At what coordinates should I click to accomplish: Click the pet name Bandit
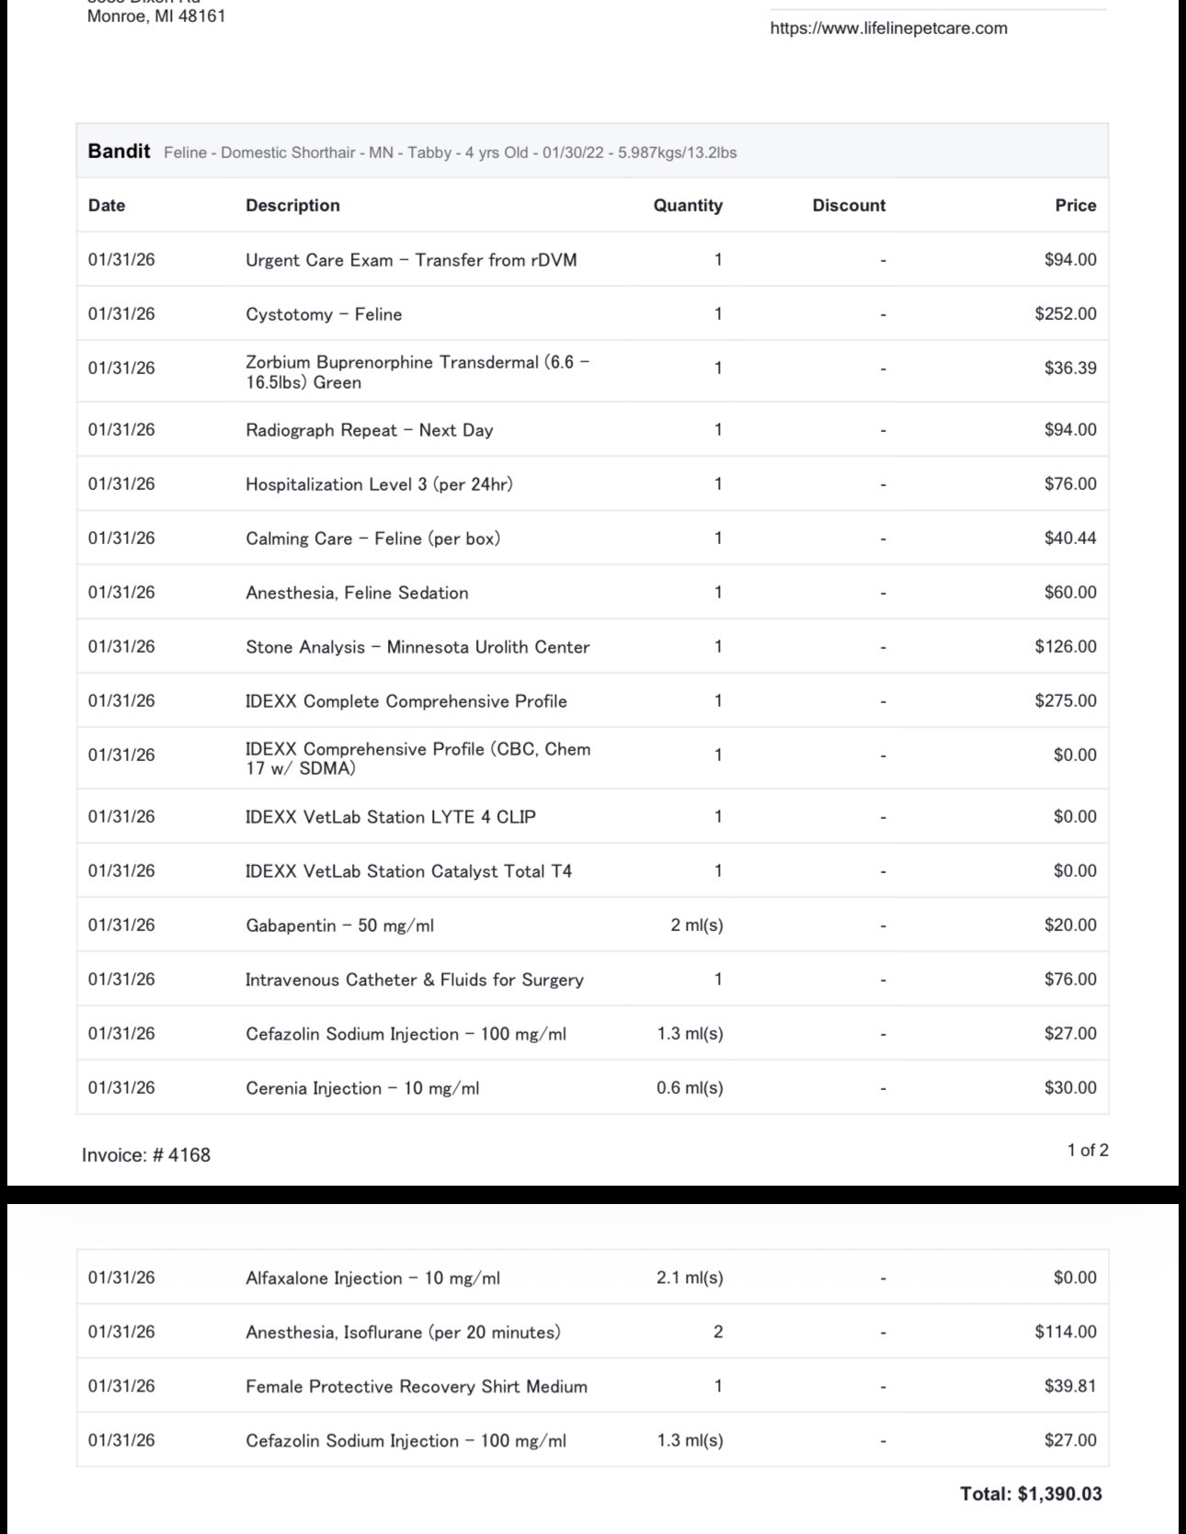pyautogui.click(x=119, y=152)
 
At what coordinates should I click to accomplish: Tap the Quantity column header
pyautogui.click(x=688, y=206)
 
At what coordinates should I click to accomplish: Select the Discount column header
pyautogui.click(x=849, y=206)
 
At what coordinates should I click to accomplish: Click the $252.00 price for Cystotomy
pyautogui.click(x=1066, y=314)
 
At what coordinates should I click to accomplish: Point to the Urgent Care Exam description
pyautogui.click(x=411, y=260)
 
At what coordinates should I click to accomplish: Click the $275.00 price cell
pyautogui.click(x=1066, y=701)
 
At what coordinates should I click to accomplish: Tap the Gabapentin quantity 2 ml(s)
pyautogui.click(x=697, y=926)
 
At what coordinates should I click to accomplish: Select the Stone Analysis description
pyautogui.click(x=417, y=647)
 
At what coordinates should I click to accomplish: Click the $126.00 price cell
pyautogui.click(x=1066, y=647)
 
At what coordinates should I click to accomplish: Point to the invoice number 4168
pyautogui.click(x=146, y=1155)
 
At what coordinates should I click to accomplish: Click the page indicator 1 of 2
pyautogui.click(x=1088, y=1151)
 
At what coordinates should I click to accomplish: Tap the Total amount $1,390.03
pyautogui.click(x=1031, y=1494)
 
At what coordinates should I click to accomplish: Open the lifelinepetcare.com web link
pyautogui.click(x=888, y=28)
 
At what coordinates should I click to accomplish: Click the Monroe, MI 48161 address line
pyautogui.click(x=156, y=17)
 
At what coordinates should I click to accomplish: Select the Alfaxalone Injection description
pyautogui.click(x=372, y=1278)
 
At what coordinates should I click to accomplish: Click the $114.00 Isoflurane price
pyautogui.click(x=1066, y=1333)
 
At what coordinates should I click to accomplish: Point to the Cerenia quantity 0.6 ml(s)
pyautogui.click(x=690, y=1088)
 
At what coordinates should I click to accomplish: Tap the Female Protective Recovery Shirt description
pyautogui.click(x=416, y=1387)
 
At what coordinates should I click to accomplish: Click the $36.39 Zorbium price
pyautogui.click(x=1070, y=369)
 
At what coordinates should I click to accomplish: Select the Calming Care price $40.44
pyautogui.click(x=1070, y=539)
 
